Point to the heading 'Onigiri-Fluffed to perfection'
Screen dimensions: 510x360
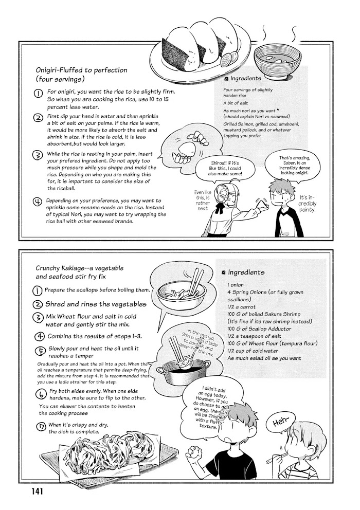point(82,70)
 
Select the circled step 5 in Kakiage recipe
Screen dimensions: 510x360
point(40,352)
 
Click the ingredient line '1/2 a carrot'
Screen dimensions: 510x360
point(244,306)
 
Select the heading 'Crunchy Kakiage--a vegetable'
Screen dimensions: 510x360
point(80,268)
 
